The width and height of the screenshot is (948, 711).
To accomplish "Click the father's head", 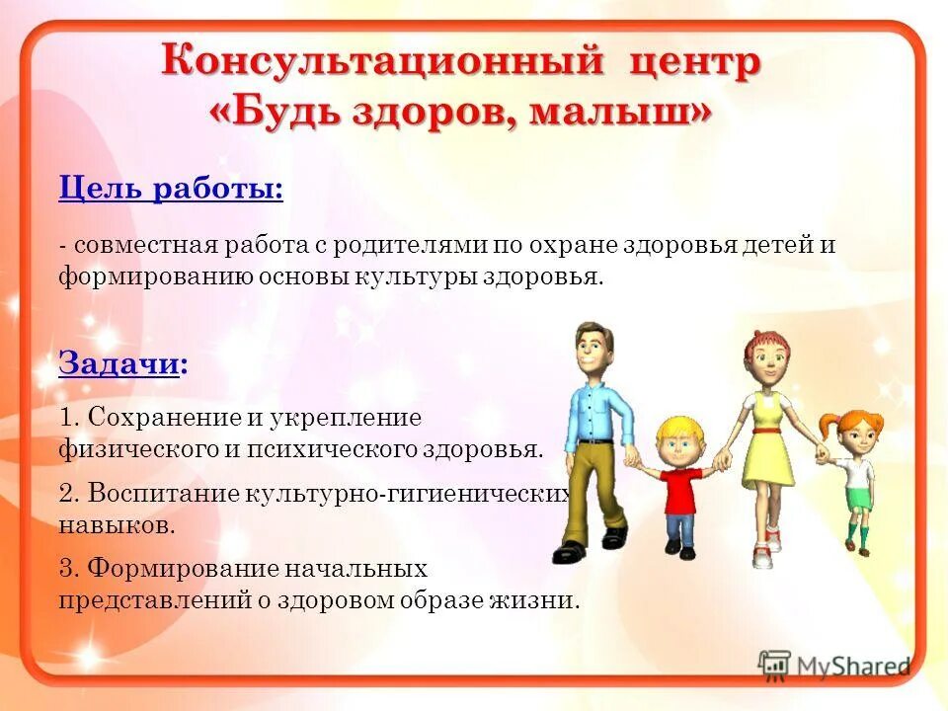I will tap(595, 350).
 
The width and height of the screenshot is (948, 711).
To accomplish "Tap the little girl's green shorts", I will tap(858, 498).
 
